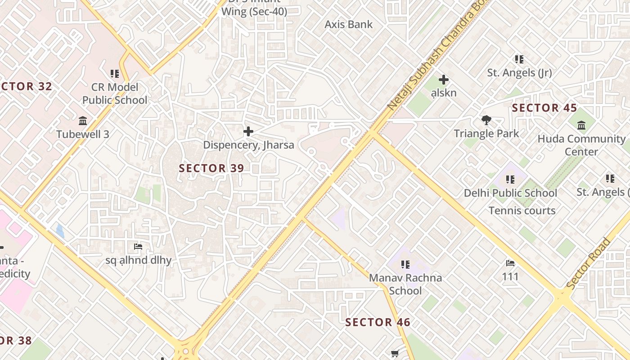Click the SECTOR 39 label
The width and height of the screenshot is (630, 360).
(x=211, y=168)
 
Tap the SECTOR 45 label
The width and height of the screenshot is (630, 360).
(x=544, y=108)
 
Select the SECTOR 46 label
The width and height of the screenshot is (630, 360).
(x=378, y=322)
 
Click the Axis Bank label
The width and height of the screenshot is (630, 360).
(x=349, y=24)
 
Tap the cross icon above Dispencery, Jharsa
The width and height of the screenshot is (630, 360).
(x=248, y=131)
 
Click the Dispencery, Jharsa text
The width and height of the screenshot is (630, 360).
(x=248, y=145)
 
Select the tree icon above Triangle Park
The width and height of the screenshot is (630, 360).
(x=486, y=120)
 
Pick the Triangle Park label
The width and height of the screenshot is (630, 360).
(x=486, y=134)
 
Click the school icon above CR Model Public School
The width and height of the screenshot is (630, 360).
(x=114, y=73)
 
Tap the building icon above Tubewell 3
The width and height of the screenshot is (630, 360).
(x=83, y=121)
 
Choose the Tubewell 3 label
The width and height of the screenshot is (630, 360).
(x=83, y=134)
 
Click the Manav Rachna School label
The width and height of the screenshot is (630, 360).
(x=405, y=284)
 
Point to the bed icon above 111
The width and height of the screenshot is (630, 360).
(x=510, y=263)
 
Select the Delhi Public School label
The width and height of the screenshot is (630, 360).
(x=510, y=193)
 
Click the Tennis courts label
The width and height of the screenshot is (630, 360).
(x=522, y=211)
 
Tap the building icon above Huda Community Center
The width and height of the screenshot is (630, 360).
(x=581, y=125)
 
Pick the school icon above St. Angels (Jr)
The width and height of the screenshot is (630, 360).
(x=519, y=59)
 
